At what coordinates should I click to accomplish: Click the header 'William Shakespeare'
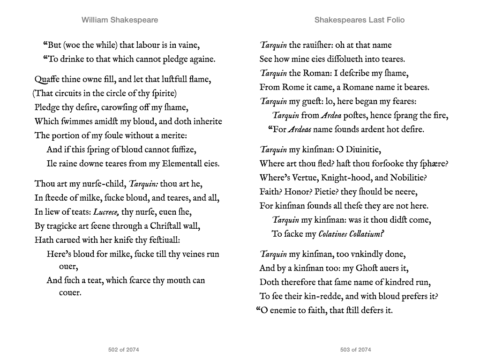[x=120, y=20]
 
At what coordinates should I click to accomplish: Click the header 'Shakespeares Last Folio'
[x=359, y=20]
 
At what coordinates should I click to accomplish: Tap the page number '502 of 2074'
[x=123, y=350]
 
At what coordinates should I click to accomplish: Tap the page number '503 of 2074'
[x=355, y=350]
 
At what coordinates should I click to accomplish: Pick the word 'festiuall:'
[x=160, y=240]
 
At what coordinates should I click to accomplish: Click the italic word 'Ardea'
[x=331, y=115]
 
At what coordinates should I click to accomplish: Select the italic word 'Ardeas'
[x=299, y=129]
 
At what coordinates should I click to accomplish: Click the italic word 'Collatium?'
[x=368, y=234]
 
